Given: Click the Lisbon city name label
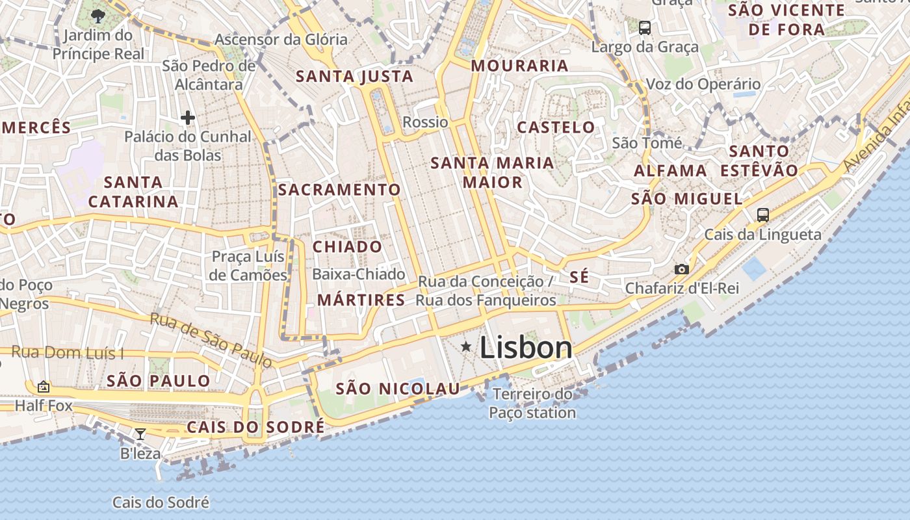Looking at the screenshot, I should [x=526, y=348].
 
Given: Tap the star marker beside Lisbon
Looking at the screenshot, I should [x=466, y=347].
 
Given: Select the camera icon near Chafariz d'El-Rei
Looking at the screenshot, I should [x=681, y=269].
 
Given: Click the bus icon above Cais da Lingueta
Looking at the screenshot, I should [x=763, y=214].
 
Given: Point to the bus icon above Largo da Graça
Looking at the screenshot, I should [x=645, y=28].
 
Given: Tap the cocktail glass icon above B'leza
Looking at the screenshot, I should [x=140, y=434].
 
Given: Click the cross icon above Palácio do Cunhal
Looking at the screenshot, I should [x=188, y=118].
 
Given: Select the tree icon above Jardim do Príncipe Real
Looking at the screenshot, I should [x=98, y=16].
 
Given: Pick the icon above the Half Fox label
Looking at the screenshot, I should [x=43, y=387].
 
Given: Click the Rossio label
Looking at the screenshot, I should [x=425, y=122].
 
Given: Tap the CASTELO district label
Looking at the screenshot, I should [x=556, y=127].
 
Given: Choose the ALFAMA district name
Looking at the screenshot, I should [x=670, y=171].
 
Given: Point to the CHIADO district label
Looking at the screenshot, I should [x=347, y=247].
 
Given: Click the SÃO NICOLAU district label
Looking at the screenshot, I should [x=398, y=389].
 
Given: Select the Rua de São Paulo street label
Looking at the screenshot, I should [x=211, y=339].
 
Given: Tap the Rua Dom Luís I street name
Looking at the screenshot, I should [x=68, y=353].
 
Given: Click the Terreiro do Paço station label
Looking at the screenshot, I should [x=532, y=404].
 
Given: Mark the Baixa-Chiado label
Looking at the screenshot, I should [x=358, y=274].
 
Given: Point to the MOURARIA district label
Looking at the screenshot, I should [x=519, y=66].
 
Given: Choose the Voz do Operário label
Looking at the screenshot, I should [x=703, y=84].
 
